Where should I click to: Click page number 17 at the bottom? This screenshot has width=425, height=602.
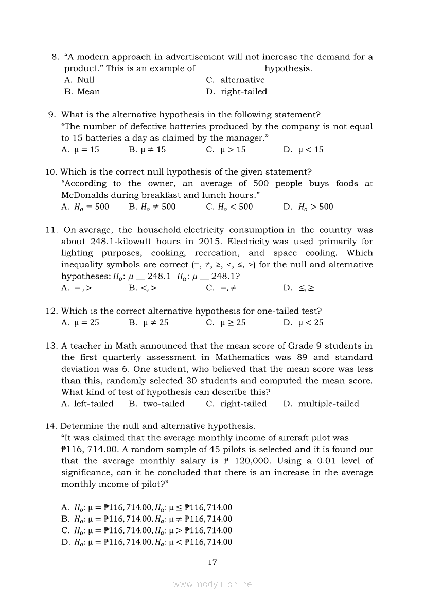(x=213, y=562)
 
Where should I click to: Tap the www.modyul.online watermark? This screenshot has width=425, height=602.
(x=213, y=584)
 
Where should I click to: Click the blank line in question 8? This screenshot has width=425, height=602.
(x=230, y=69)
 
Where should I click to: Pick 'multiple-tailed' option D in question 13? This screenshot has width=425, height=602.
(x=328, y=404)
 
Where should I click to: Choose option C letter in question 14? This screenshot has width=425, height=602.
(x=65, y=530)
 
